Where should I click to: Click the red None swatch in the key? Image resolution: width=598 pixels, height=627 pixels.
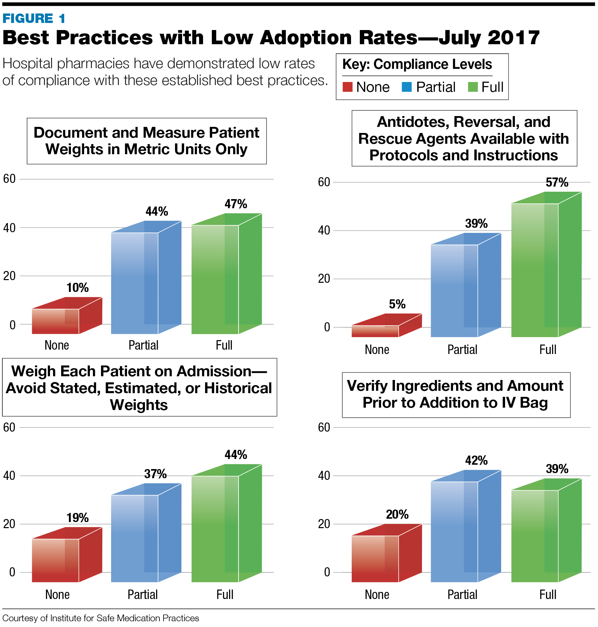pos(347,87)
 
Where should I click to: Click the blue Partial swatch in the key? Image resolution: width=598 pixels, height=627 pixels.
pos(407,87)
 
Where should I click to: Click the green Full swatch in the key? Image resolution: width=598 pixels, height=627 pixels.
pos(473,87)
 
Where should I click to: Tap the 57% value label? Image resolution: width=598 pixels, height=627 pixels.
pos(557,183)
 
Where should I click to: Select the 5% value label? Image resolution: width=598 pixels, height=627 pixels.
pos(397,304)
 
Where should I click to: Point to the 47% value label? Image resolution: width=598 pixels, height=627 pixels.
pos(236,204)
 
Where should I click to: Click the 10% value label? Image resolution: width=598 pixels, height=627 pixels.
pos(77,288)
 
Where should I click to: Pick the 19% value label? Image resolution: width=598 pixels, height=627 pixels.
pos(77,518)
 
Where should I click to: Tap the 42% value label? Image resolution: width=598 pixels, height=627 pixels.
pos(476,460)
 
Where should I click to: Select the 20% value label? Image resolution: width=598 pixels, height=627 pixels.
pos(397,514)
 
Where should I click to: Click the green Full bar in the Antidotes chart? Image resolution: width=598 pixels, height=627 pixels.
pos(534,270)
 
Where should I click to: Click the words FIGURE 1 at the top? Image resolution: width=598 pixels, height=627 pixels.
pos(34,19)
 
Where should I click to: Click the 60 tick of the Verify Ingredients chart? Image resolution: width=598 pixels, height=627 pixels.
pos(324,428)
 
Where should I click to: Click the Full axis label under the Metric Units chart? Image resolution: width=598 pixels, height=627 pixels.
pos(224,345)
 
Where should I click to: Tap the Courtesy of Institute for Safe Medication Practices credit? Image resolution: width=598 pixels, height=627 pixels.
pos(101,618)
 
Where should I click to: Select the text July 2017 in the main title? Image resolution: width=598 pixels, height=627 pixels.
pos(489,37)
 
